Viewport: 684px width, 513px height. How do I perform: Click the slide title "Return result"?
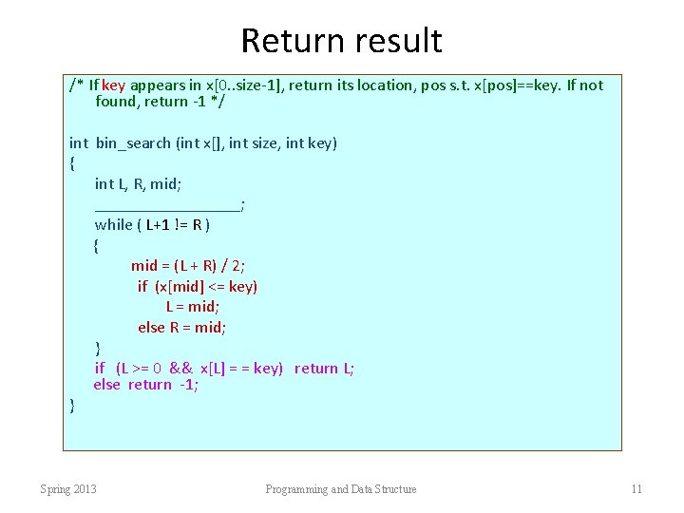tap(341, 41)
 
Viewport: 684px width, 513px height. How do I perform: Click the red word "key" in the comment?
tap(114, 85)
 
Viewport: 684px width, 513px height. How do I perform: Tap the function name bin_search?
tap(133, 143)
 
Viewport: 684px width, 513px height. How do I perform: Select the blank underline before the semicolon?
tap(167, 204)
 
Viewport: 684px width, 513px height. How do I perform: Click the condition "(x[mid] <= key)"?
tap(206, 286)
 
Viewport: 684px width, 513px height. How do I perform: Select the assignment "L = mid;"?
tap(193, 307)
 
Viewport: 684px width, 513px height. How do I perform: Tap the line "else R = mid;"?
tap(181, 328)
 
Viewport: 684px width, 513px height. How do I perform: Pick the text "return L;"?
tap(324, 369)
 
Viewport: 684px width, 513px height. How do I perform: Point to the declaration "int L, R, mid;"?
tap(138, 184)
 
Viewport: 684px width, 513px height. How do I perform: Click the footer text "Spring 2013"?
tap(68, 489)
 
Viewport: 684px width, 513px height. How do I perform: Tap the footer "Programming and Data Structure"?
tap(340, 489)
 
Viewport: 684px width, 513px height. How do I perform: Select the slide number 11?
tap(636, 489)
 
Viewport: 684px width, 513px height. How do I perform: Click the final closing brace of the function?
tap(72, 406)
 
